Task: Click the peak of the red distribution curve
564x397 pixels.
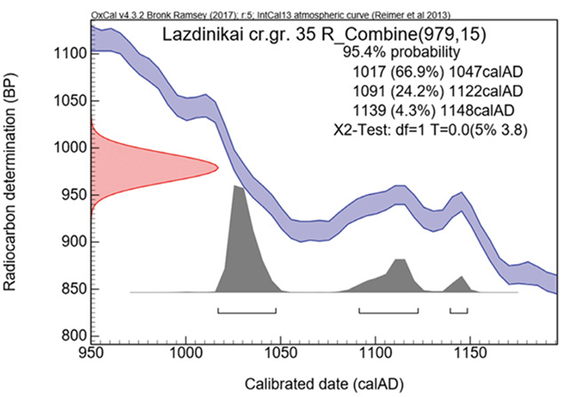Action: (x=216, y=166)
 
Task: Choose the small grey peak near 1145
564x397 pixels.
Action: (x=462, y=277)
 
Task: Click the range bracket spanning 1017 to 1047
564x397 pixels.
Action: (x=247, y=313)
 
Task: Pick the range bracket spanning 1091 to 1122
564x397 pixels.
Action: (x=388, y=313)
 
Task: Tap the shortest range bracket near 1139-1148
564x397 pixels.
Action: (x=458, y=313)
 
